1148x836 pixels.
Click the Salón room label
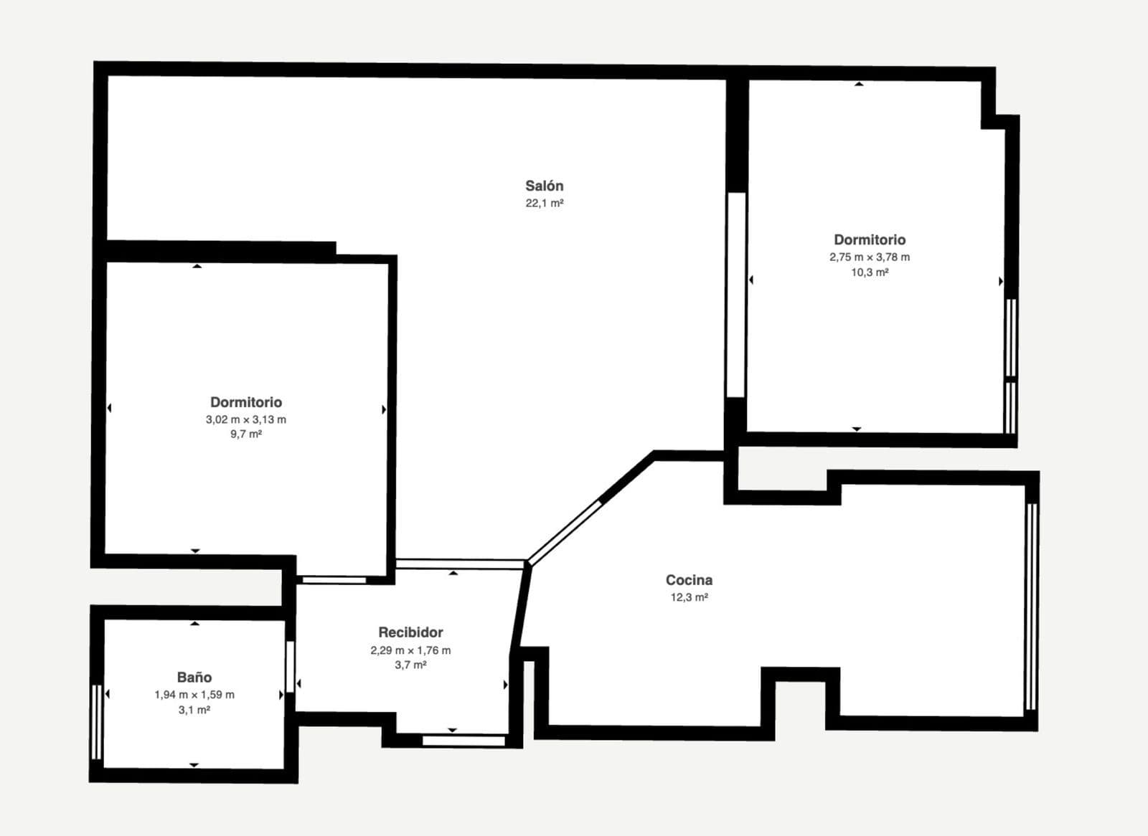(545, 186)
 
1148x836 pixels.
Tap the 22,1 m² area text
(545, 204)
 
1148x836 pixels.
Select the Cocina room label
(689, 580)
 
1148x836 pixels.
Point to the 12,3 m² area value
(690, 597)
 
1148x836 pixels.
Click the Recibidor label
(410, 632)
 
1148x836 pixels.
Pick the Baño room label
(194, 678)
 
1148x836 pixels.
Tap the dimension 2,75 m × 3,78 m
(870, 257)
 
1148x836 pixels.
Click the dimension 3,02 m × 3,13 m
(246, 419)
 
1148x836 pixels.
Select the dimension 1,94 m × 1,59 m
(194, 695)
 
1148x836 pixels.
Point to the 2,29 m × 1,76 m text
(410, 650)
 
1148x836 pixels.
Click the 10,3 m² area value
(870, 272)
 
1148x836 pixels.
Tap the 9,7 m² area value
(246, 434)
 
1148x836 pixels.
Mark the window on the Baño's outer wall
(96, 722)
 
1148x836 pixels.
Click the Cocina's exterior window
(1032, 607)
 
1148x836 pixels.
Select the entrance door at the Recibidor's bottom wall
(464, 741)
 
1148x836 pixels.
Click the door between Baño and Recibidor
(290, 667)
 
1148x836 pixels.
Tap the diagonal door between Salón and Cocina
(564, 533)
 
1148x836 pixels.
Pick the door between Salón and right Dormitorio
(736, 295)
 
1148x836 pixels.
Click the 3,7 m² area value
(410, 665)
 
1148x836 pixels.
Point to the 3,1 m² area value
(194, 710)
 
